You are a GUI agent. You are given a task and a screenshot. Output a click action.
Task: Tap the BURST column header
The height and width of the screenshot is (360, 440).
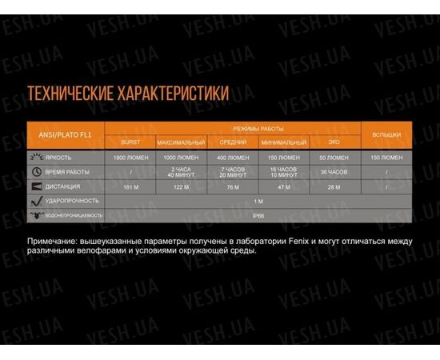click(x=130, y=142)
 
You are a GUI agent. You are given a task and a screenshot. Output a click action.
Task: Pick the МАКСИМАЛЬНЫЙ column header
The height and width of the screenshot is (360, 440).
click(x=181, y=142)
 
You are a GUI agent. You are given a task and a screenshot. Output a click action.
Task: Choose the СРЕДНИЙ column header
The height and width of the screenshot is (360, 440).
click(x=233, y=142)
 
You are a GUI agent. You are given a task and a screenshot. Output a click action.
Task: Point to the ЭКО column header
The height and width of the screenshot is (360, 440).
click(x=334, y=142)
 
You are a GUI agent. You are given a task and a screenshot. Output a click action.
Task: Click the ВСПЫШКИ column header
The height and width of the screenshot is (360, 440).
click(x=387, y=134)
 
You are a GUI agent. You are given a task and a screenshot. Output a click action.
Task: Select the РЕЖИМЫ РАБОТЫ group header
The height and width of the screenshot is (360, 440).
click(x=258, y=128)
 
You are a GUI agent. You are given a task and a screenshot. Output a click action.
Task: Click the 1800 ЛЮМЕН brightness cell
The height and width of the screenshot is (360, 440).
click(x=130, y=158)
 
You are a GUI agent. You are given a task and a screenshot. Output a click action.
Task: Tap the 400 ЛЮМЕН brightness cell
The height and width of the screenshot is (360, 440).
click(x=233, y=158)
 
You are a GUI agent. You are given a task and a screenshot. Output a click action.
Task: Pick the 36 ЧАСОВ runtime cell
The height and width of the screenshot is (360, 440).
click(x=334, y=172)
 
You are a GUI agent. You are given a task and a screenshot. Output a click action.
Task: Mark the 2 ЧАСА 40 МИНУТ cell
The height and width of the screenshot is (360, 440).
click(x=181, y=172)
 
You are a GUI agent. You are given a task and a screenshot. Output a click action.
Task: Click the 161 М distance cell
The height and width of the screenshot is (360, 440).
click(x=130, y=186)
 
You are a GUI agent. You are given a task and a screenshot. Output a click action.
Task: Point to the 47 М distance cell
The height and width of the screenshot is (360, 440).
click(x=283, y=186)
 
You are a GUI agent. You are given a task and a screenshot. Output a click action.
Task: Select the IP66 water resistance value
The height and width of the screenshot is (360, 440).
click(x=258, y=215)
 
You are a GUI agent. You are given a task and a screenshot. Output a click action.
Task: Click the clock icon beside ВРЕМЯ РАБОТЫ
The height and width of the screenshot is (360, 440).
click(x=37, y=172)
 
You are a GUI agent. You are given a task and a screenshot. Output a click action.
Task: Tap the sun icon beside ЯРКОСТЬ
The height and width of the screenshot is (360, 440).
click(x=37, y=158)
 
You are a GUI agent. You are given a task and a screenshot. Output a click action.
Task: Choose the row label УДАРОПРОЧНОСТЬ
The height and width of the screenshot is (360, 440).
click(x=73, y=201)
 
